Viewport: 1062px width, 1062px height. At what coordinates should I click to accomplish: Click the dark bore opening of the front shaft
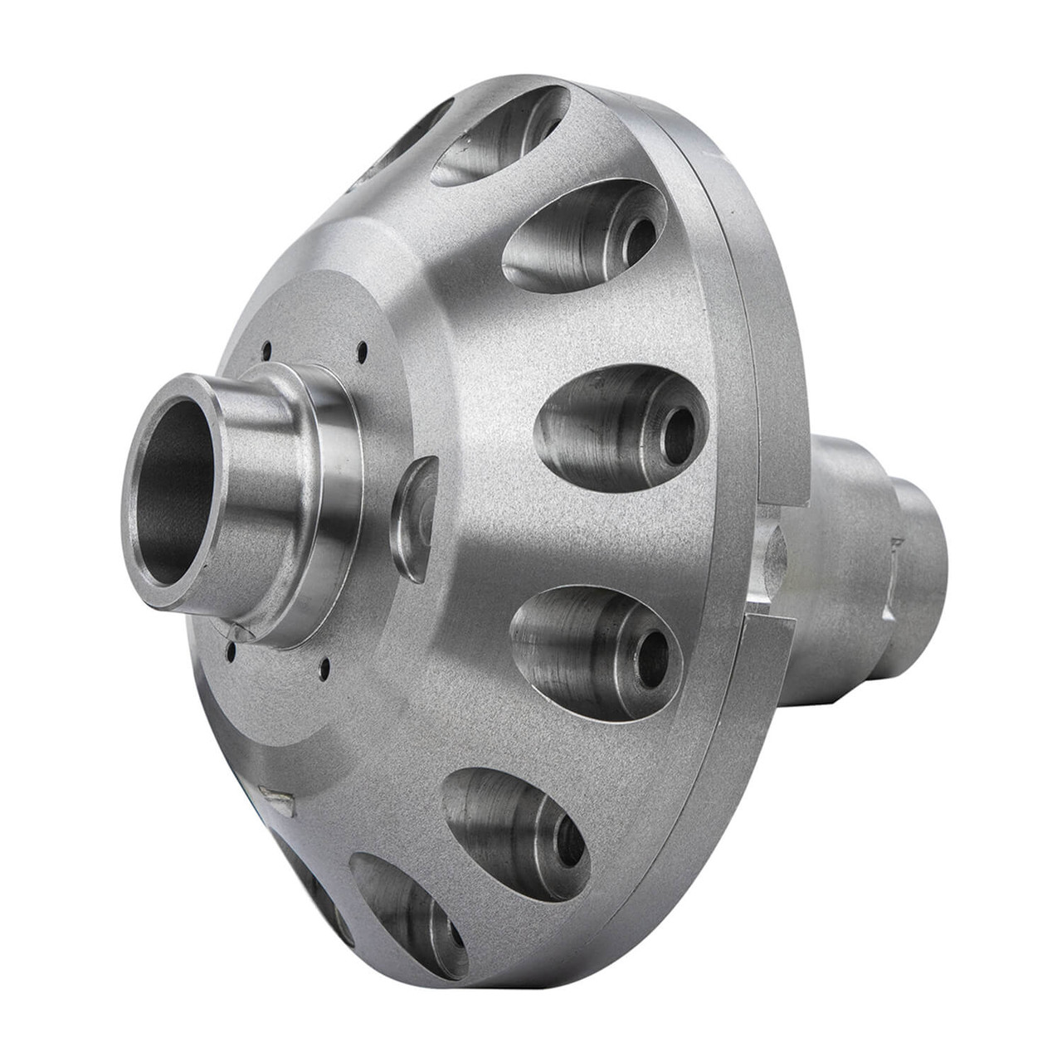(170, 490)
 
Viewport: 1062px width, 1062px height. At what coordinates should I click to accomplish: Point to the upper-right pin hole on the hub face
(362, 349)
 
